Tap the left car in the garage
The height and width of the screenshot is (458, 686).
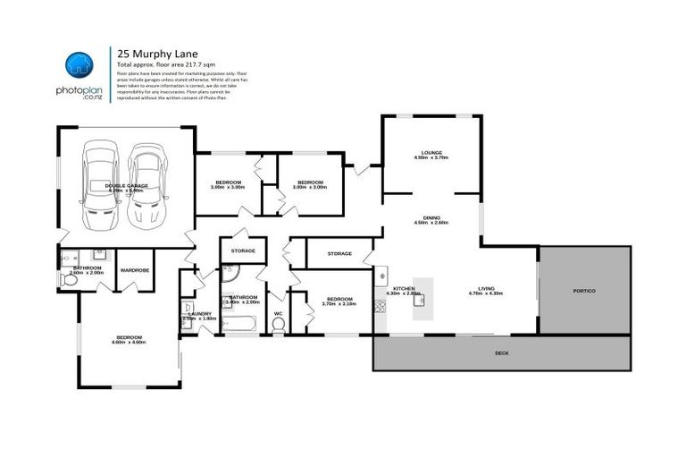point(99,186)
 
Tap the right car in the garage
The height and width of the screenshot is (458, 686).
point(145,186)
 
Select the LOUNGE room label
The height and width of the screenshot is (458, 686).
point(432,152)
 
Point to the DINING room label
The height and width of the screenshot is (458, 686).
point(431,217)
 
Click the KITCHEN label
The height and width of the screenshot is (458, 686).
point(403,288)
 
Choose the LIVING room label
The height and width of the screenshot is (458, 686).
point(486,288)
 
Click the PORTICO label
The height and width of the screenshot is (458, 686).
point(584,291)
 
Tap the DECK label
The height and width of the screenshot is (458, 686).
point(501,353)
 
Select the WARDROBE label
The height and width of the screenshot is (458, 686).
point(134,268)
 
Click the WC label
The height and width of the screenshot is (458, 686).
point(278,313)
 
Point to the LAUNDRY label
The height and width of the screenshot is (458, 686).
point(200,313)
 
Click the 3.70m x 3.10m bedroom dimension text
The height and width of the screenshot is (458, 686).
point(339,303)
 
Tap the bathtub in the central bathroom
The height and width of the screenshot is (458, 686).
point(242,326)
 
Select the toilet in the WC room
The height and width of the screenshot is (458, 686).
point(278,327)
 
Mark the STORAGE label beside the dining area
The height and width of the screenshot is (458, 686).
point(339,253)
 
